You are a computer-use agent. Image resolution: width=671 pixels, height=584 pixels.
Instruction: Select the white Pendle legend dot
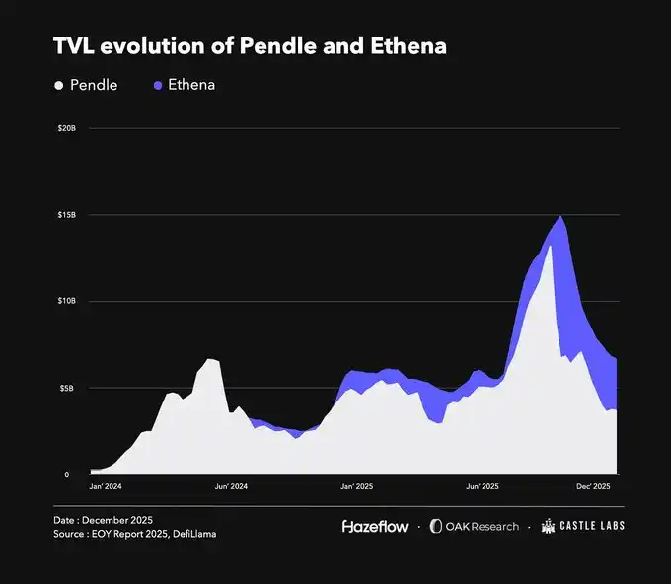[59, 85]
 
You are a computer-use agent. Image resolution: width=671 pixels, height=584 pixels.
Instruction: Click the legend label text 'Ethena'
[192, 85]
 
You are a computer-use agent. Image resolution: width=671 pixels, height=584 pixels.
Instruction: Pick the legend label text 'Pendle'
[94, 85]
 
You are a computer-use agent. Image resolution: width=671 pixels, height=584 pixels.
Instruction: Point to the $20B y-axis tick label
[67, 128]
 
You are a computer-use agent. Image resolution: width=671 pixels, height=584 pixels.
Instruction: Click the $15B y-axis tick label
[67, 215]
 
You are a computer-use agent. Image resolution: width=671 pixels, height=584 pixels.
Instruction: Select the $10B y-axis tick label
[67, 301]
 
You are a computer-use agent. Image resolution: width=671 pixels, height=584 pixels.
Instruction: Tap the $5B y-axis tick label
[69, 388]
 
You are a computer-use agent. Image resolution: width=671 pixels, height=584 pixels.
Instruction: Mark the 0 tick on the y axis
[67, 474]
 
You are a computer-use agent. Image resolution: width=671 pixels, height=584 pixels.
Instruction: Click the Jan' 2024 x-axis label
[107, 486]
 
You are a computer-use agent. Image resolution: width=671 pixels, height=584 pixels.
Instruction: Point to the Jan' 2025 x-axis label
[356, 486]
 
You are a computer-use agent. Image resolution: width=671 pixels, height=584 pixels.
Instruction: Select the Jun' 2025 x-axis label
[481, 486]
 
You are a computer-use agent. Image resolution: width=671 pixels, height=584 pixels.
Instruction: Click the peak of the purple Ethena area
[560, 216]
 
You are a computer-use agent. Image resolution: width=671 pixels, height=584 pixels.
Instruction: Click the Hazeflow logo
[375, 526]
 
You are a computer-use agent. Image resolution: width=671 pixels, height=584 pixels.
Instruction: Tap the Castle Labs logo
[583, 526]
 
